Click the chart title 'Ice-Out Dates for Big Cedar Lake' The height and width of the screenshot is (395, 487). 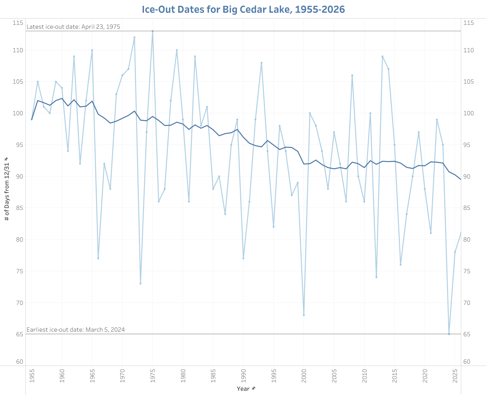point(243,9)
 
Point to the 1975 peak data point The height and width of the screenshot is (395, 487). point(152,31)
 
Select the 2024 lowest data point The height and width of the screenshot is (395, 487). point(449,334)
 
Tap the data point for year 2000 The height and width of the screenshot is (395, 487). point(304,315)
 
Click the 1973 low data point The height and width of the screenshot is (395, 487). point(140,283)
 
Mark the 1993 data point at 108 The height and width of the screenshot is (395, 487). point(261,63)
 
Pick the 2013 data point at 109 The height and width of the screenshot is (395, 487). point(382,56)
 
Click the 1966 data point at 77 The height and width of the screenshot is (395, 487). point(98,258)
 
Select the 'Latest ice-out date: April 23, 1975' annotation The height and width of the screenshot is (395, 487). point(73,27)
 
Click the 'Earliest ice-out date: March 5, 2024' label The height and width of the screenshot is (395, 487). point(75,330)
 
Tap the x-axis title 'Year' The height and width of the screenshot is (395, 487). point(243,388)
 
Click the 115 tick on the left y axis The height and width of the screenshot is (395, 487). point(18,23)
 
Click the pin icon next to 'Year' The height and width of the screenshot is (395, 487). point(254,388)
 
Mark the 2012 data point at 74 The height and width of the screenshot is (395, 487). point(376,277)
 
